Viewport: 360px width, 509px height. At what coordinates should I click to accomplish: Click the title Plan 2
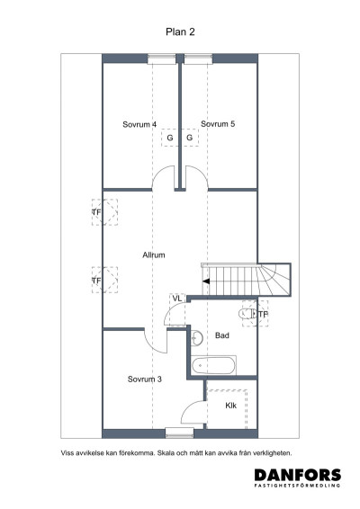[x=179, y=31]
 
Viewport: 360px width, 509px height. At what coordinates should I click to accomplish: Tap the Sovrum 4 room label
[x=139, y=124]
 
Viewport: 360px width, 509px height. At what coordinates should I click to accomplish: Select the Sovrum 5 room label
[x=218, y=124]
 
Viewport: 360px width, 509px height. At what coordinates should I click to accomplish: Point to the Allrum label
[x=154, y=255]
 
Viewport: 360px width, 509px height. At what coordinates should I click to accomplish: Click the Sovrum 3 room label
[x=144, y=379]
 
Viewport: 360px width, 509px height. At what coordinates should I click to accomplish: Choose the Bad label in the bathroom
[x=223, y=335]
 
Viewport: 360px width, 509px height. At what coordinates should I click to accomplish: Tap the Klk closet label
[x=230, y=406]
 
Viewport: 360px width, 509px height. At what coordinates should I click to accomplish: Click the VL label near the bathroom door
[x=177, y=298]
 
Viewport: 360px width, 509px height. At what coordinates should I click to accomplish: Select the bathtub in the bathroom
[x=214, y=364]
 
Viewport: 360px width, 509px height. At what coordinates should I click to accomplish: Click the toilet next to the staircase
[x=247, y=314]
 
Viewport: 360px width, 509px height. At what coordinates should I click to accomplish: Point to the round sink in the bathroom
[x=197, y=337]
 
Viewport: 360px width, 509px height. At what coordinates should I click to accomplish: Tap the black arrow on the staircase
[x=206, y=281]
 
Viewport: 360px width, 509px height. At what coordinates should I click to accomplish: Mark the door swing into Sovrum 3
[x=155, y=341]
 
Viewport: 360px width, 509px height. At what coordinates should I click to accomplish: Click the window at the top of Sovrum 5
[x=199, y=58]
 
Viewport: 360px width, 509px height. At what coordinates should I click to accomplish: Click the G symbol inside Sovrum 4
[x=169, y=138]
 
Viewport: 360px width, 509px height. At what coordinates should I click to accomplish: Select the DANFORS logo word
[x=297, y=474]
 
